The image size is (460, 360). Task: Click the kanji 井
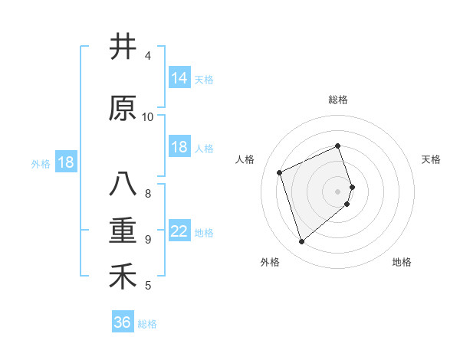coord(123,47)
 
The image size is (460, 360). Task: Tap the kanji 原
coord(123,108)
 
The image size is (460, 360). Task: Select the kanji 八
coord(123,185)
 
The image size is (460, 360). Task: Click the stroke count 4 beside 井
coord(148,56)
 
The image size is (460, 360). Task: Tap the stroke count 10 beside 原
coord(148,116)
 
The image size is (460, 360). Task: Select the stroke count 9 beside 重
coord(148,239)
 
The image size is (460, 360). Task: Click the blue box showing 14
coord(179,77)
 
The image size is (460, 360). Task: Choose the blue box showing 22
coord(179,231)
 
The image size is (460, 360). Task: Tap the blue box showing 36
coord(123,322)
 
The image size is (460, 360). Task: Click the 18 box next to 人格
coord(179,147)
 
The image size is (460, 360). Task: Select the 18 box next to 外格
coord(65,162)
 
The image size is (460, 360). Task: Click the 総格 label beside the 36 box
coord(147,324)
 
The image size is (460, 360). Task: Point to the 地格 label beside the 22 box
coord(204,233)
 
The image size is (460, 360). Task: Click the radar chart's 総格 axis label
coord(338,100)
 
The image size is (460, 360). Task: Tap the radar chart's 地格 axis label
coord(402,262)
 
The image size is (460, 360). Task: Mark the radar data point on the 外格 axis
coord(301,242)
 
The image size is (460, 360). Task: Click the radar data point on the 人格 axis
coord(280,172)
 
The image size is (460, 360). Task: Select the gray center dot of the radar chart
coord(338,191)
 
